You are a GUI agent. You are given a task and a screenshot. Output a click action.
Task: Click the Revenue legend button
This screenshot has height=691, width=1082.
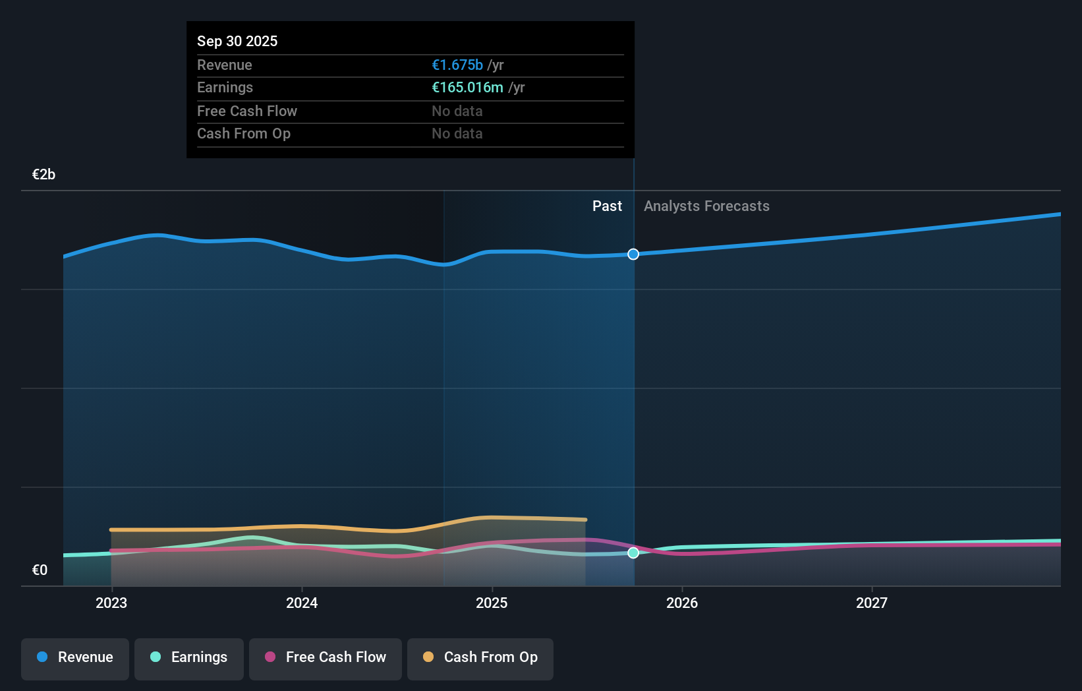75,657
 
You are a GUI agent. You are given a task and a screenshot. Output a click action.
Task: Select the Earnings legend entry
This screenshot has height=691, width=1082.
189,657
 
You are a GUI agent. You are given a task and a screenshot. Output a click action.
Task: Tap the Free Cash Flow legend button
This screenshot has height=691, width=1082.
326,657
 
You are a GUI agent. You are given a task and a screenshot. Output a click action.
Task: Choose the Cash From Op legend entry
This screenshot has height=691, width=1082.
480,657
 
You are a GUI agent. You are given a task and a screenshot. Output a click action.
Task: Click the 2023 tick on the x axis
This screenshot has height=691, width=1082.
111,603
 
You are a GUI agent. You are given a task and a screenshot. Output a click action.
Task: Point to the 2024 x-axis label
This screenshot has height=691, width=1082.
302,603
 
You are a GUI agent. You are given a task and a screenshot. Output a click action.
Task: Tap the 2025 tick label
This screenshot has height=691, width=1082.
492,603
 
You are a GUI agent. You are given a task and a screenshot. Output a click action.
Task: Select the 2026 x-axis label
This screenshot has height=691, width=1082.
682,603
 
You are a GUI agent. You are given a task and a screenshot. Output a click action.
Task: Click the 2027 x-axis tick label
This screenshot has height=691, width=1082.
872,603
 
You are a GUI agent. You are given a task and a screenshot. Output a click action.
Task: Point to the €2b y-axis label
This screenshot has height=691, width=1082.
43,175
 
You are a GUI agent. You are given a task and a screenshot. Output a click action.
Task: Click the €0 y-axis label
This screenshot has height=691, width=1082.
40,570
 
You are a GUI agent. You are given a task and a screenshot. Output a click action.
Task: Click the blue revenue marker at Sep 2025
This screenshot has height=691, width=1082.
633,255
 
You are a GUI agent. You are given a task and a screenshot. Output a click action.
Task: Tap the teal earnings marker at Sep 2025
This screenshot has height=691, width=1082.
633,553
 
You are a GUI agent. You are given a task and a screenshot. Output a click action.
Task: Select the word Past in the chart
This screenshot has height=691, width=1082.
607,206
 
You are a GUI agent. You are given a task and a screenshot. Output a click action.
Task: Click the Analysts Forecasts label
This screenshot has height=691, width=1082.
706,206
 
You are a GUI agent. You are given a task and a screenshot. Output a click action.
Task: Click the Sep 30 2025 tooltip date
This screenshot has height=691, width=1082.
237,41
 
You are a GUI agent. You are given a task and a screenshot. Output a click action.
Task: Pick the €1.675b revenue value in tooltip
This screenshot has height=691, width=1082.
457,65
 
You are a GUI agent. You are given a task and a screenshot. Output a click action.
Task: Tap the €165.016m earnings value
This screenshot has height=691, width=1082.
467,88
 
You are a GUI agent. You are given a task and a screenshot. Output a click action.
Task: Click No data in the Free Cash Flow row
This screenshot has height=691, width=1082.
457,111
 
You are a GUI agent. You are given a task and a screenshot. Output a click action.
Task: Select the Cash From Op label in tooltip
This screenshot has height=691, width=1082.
244,134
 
